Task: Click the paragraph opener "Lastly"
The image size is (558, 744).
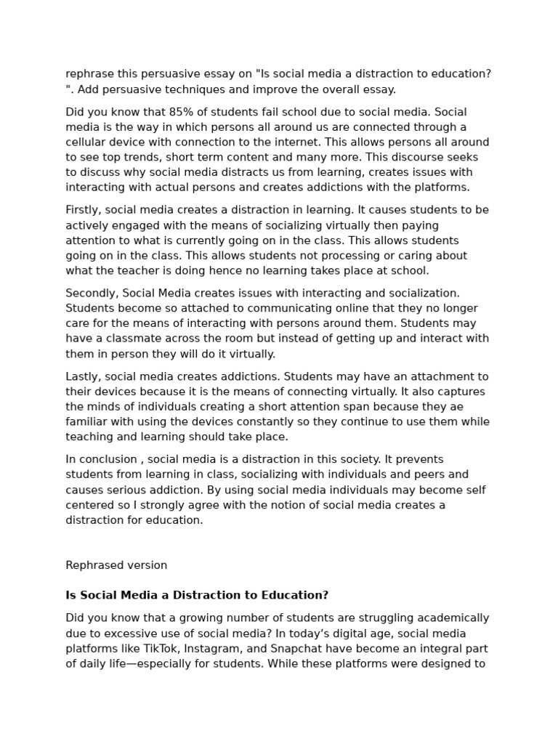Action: pos(83,376)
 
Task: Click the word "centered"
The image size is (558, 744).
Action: pos(89,505)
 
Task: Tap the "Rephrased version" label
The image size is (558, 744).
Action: pos(116,565)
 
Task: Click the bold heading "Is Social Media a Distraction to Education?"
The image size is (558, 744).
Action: pos(197,595)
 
